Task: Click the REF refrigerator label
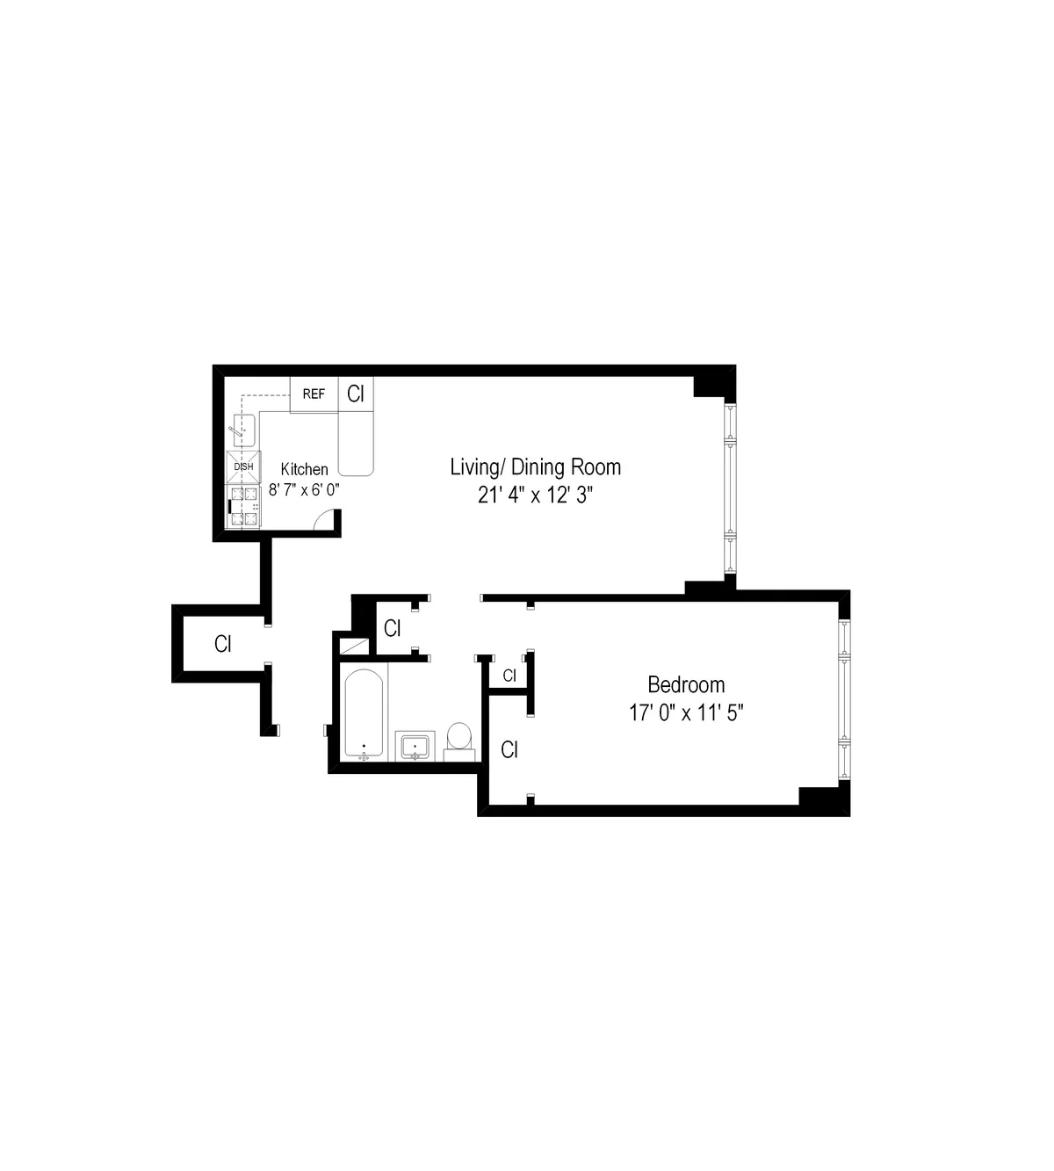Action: tap(314, 394)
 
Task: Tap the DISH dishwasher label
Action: tap(243, 466)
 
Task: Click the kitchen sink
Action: tap(243, 430)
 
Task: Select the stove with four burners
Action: tap(245, 507)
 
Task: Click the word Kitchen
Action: tap(304, 470)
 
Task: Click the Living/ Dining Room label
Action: tap(535, 466)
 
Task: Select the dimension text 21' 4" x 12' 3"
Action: tap(535, 495)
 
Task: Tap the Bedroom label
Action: tap(686, 683)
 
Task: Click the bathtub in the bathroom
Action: tap(364, 714)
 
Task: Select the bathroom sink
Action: tap(415, 747)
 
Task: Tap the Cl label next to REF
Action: tap(356, 394)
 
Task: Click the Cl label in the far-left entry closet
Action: tap(223, 644)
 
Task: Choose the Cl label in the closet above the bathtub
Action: tap(392, 628)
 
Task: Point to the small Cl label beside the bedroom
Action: tap(509, 675)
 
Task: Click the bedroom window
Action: tap(844, 698)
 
